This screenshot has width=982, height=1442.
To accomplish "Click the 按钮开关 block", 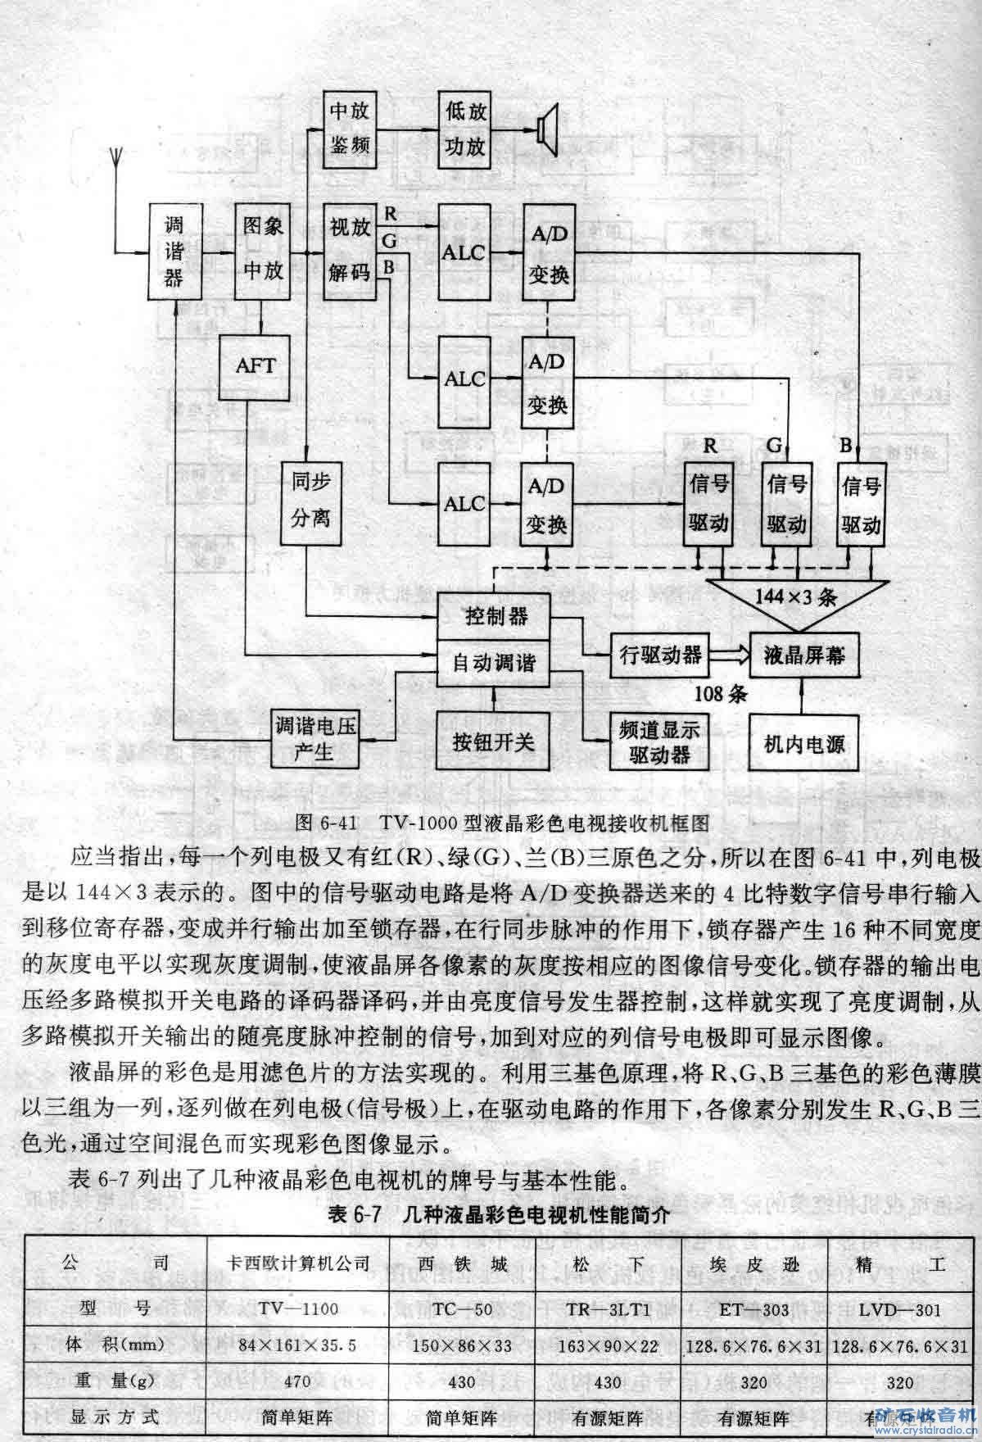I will (x=493, y=741).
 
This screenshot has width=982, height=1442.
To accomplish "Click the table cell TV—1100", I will (x=296, y=1308).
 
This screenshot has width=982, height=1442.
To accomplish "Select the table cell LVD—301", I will (x=899, y=1308).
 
